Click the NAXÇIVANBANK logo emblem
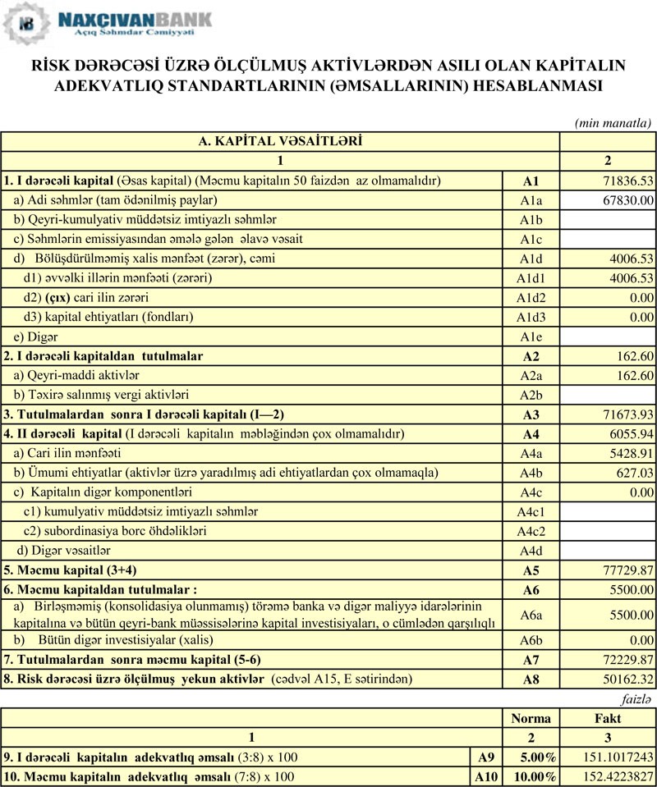pyautogui.click(x=25, y=23)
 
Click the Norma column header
pyautogui.click(x=531, y=718)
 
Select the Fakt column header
pyautogui.click(x=608, y=718)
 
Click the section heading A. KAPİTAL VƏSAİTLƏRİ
pyautogui.click(x=280, y=141)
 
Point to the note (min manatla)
pyautogui.click(x=613, y=122)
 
